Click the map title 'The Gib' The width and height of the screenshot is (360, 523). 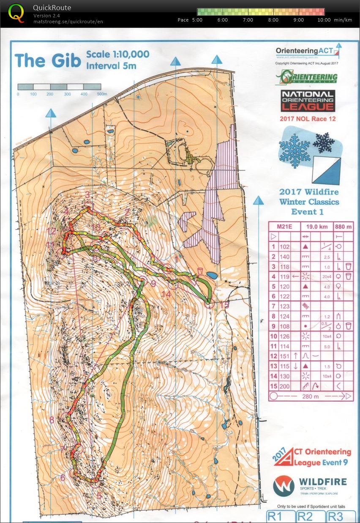tap(47, 61)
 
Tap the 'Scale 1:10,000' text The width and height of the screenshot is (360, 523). tap(117, 55)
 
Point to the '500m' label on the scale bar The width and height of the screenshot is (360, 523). tap(102, 94)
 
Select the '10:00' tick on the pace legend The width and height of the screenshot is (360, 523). tap(324, 20)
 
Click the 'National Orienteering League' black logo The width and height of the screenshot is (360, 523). tap(308, 101)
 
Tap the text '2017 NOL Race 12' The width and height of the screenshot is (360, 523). tap(308, 119)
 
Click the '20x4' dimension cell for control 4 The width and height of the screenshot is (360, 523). tap(327, 277)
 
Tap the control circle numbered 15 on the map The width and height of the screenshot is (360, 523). tap(208, 303)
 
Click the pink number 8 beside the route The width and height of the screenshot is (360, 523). tap(52, 420)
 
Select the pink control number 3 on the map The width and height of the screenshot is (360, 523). tap(87, 194)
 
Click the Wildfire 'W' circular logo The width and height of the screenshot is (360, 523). tap(284, 486)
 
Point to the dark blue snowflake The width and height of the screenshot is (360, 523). tap(324, 142)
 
